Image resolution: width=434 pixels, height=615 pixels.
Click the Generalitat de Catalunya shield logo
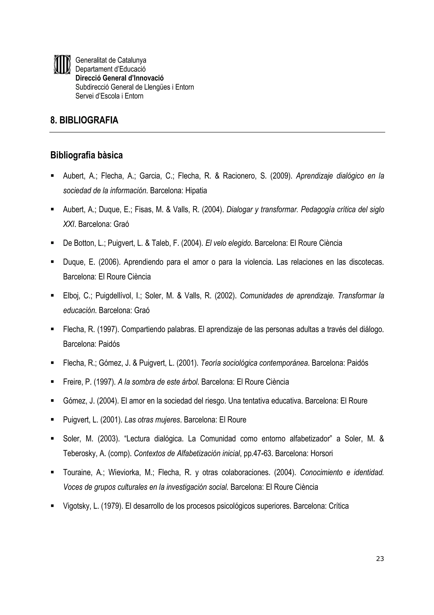point(62,65)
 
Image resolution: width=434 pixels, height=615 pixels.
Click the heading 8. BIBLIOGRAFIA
point(84,120)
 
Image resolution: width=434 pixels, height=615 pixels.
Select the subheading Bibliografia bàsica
point(86,155)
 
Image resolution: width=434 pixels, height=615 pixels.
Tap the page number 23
point(380,559)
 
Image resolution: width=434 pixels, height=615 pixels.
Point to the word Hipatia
point(196,191)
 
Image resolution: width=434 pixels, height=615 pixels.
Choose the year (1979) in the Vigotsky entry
point(110,506)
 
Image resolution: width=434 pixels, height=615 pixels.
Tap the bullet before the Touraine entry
point(52,473)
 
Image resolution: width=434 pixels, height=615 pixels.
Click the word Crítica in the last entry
point(339,506)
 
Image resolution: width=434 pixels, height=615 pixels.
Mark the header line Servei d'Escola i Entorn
point(109,96)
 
